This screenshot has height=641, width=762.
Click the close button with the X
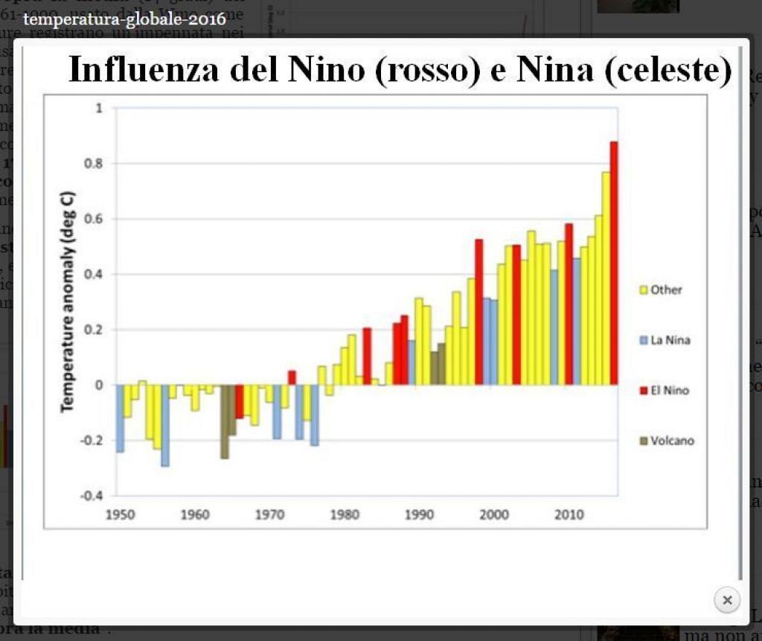pos(727,600)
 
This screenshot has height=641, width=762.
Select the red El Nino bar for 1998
pos(479,312)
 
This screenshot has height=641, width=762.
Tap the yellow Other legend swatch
pos(644,290)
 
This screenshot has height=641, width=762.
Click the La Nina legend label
pos(670,340)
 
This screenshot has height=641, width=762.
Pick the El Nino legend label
pos(670,390)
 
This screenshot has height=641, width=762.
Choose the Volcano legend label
pos(672,441)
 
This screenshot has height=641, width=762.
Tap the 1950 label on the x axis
pos(119,514)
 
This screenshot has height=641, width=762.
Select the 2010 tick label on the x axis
pos(569,514)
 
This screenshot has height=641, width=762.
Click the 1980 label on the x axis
pos(344,514)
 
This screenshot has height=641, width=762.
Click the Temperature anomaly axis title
pos(67,302)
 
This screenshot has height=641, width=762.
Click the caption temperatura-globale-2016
pos(124,18)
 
